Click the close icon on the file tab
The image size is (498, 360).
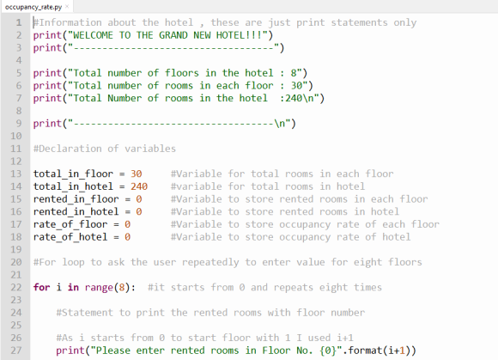[67, 6]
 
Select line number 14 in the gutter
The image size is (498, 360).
[16, 186]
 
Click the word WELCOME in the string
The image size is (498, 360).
[93, 35]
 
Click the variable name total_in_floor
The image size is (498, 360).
[73, 174]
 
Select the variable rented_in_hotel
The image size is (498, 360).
[76, 212]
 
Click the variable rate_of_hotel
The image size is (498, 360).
[70, 237]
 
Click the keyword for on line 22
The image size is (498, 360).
[41, 287]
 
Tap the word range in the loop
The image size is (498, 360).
[99, 288]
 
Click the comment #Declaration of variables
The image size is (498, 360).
[105, 149]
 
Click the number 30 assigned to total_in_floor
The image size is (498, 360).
[137, 174]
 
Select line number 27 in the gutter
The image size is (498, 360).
[16, 351]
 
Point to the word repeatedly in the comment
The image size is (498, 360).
[210, 262]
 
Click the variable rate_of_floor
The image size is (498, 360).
[70, 224]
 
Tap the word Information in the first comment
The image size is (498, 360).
[70, 22]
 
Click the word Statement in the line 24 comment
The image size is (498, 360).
[88, 313]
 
